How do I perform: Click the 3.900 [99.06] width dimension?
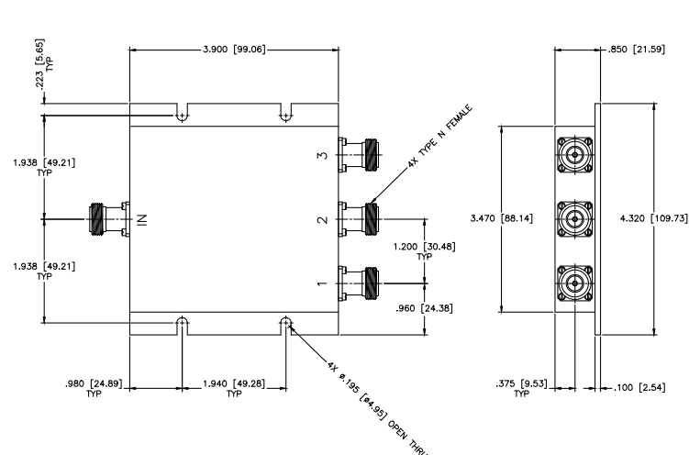234,49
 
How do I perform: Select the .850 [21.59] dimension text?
637,49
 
